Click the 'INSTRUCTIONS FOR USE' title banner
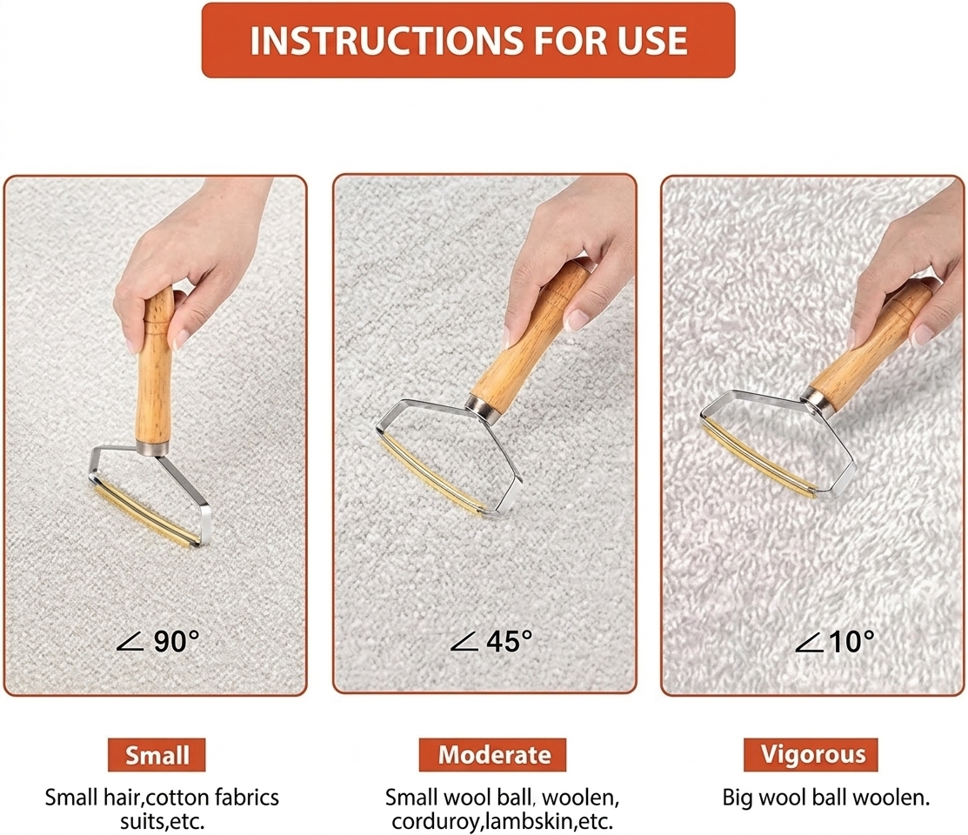pos(468,40)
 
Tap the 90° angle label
pos(158,641)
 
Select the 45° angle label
pos(491,641)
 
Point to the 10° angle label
pos(835,641)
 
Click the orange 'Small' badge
pos(157,755)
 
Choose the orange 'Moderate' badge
pos(492,755)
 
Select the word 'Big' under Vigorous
pos(738,798)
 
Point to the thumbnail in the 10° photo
pos(922,333)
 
